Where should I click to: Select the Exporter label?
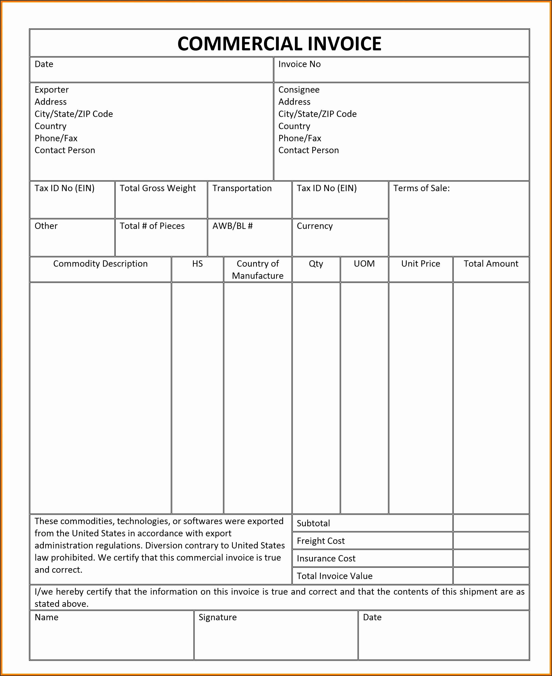point(52,90)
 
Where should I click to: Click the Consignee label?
point(299,90)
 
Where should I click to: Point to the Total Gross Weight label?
point(158,188)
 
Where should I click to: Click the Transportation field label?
point(242,188)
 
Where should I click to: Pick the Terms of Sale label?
point(421,188)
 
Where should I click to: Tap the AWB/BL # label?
point(233,226)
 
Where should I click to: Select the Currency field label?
point(315,226)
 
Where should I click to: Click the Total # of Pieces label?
point(152,226)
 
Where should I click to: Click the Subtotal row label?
point(313,523)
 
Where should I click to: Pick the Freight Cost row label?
point(321,541)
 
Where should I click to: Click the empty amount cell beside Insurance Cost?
point(491,558)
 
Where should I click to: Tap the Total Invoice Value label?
point(334,576)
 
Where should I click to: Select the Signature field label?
point(218,617)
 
